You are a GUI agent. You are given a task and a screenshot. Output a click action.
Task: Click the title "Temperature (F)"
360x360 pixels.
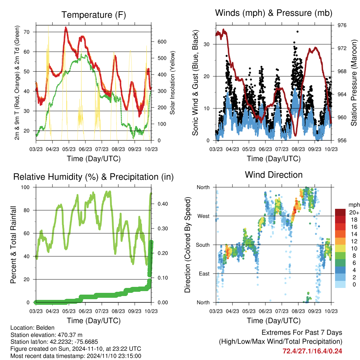[x=94, y=15]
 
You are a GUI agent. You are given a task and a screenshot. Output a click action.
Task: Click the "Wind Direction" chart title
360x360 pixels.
[x=274, y=174]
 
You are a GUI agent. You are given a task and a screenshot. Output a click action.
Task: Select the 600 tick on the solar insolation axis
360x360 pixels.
[x=162, y=41]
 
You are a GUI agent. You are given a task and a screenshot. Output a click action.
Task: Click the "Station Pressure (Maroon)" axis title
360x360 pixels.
[x=354, y=83]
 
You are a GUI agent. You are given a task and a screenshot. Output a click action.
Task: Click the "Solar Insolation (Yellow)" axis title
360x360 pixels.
[x=173, y=83]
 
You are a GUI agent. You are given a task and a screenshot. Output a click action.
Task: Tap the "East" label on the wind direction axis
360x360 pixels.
[x=203, y=274]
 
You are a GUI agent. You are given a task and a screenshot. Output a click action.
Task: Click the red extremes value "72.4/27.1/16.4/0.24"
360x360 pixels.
[x=312, y=351]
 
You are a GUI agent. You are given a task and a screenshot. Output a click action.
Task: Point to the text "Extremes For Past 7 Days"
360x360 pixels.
[x=302, y=333]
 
